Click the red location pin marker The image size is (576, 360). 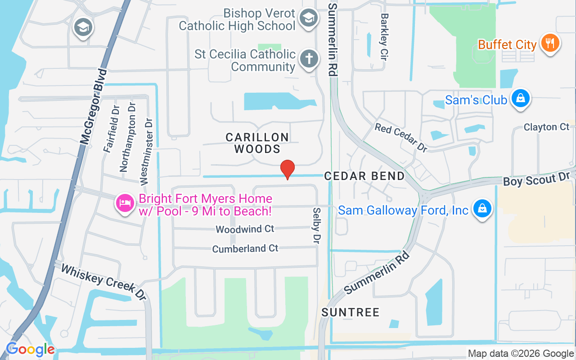point(288,169)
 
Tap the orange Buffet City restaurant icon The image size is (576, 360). point(550,44)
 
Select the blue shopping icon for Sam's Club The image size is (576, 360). point(521,99)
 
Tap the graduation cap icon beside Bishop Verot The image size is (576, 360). point(308,18)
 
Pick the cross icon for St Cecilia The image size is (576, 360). point(309,59)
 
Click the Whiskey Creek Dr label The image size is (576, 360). point(103,282)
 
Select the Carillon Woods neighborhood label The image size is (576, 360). point(257,143)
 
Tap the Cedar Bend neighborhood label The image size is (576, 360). point(365,176)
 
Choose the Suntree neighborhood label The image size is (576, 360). point(351,312)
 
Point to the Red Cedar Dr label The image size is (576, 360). point(401,137)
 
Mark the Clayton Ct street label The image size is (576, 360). point(546,127)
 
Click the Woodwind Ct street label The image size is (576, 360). point(245,229)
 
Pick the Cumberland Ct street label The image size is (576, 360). point(245,248)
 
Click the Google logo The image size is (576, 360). point(30,349)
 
